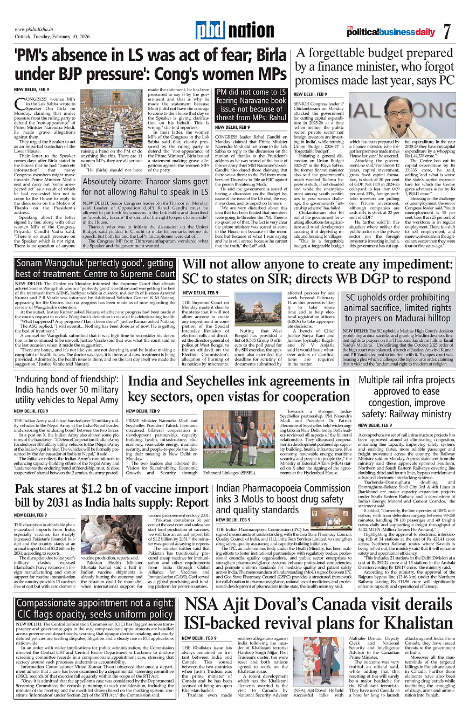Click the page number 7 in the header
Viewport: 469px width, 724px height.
pos(447,31)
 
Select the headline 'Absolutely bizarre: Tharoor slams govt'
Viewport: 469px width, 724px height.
pos(145,181)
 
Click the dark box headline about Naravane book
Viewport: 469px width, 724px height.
pos(251,105)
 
